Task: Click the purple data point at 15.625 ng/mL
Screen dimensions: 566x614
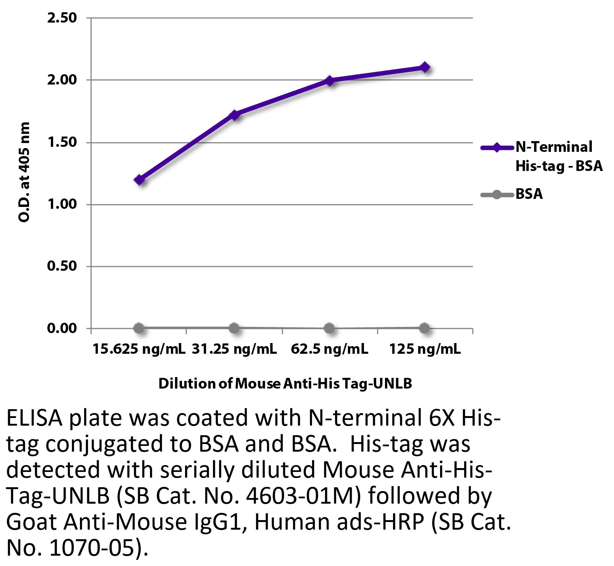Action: click(x=140, y=179)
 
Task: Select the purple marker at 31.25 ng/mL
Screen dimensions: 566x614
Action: click(x=235, y=114)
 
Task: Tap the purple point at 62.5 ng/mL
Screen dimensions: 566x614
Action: click(x=330, y=81)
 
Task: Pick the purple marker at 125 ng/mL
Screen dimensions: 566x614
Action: click(x=424, y=67)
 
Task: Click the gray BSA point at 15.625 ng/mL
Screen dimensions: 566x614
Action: click(x=140, y=328)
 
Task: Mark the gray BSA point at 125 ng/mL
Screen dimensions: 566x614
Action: click(x=424, y=328)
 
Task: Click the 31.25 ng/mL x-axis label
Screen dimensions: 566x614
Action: click(x=234, y=349)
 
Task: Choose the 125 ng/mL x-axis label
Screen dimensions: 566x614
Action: click(x=425, y=349)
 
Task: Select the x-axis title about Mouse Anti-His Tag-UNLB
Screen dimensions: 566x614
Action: click(x=285, y=384)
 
